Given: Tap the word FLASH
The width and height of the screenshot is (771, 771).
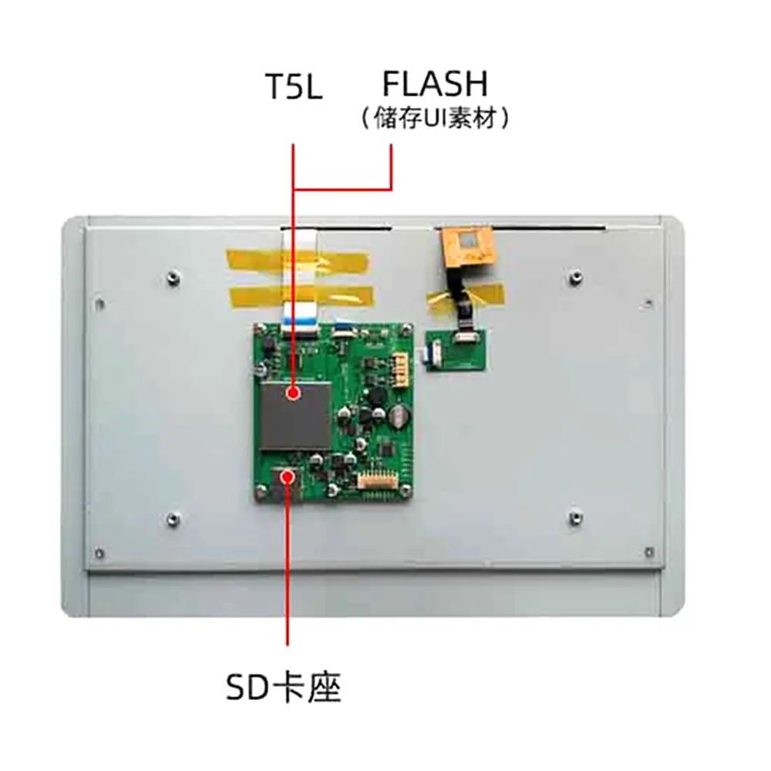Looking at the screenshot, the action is pos(436,82).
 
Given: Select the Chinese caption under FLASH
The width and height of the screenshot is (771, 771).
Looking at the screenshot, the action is pos(436,119).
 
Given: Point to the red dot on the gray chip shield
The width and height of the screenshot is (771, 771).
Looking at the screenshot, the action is pos(293,394).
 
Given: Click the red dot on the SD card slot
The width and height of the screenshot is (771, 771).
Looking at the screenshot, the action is pos(289,476).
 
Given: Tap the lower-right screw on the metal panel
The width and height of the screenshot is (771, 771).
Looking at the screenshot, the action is pos(574,516).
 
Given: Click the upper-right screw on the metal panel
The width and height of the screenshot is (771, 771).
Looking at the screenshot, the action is pos(574,275).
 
